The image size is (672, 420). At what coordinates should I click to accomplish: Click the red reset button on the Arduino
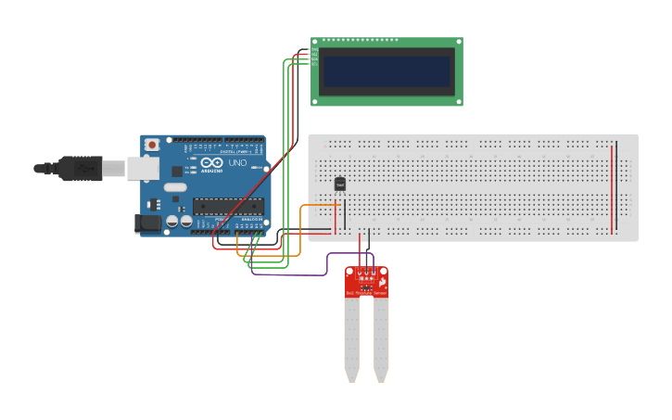tap(152, 145)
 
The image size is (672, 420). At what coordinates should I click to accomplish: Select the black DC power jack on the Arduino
tap(146, 223)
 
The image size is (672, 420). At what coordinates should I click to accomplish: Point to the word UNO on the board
tap(238, 162)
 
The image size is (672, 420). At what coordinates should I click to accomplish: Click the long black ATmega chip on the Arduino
tap(228, 206)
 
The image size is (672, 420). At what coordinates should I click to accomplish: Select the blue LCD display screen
tap(387, 70)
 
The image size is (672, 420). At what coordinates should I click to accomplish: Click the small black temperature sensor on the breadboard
tap(339, 184)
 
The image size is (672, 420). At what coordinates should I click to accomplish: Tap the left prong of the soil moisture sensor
tap(351, 338)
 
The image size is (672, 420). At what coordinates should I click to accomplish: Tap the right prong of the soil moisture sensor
tap(381, 338)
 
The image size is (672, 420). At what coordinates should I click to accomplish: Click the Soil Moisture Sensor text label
tap(367, 293)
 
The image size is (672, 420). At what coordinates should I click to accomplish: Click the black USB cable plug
tap(79, 168)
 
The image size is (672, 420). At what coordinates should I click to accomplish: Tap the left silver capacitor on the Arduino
tap(172, 222)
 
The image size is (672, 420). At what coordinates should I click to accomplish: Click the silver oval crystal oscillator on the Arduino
tap(154, 203)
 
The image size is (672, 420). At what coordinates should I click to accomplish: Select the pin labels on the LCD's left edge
tap(314, 57)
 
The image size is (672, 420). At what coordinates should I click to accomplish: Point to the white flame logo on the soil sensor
tap(381, 280)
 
